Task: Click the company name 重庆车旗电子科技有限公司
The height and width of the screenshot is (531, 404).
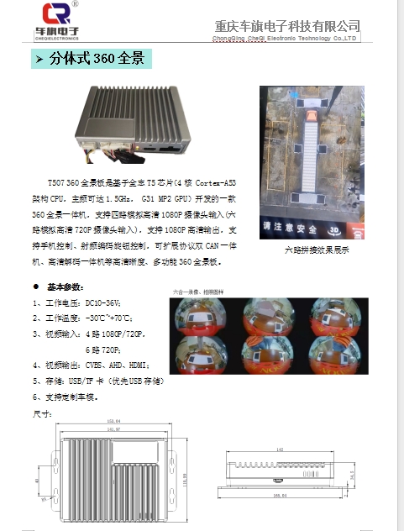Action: (x=288, y=26)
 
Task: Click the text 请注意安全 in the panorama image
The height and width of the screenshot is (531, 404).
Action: (x=290, y=227)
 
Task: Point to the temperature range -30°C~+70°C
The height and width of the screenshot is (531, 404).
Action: (x=97, y=318)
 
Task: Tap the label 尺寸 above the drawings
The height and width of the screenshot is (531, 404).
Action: (x=42, y=413)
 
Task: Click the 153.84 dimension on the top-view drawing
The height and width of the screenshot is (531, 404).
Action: (x=115, y=421)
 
